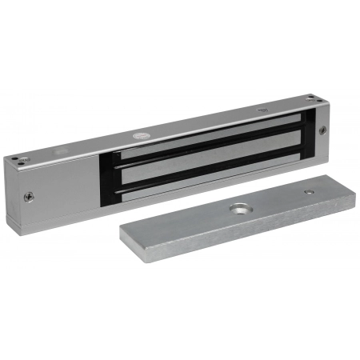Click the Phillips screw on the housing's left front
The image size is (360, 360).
pyautogui.click(x=30, y=194)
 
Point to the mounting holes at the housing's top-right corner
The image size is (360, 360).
pyautogui.click(x=318, y=99)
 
